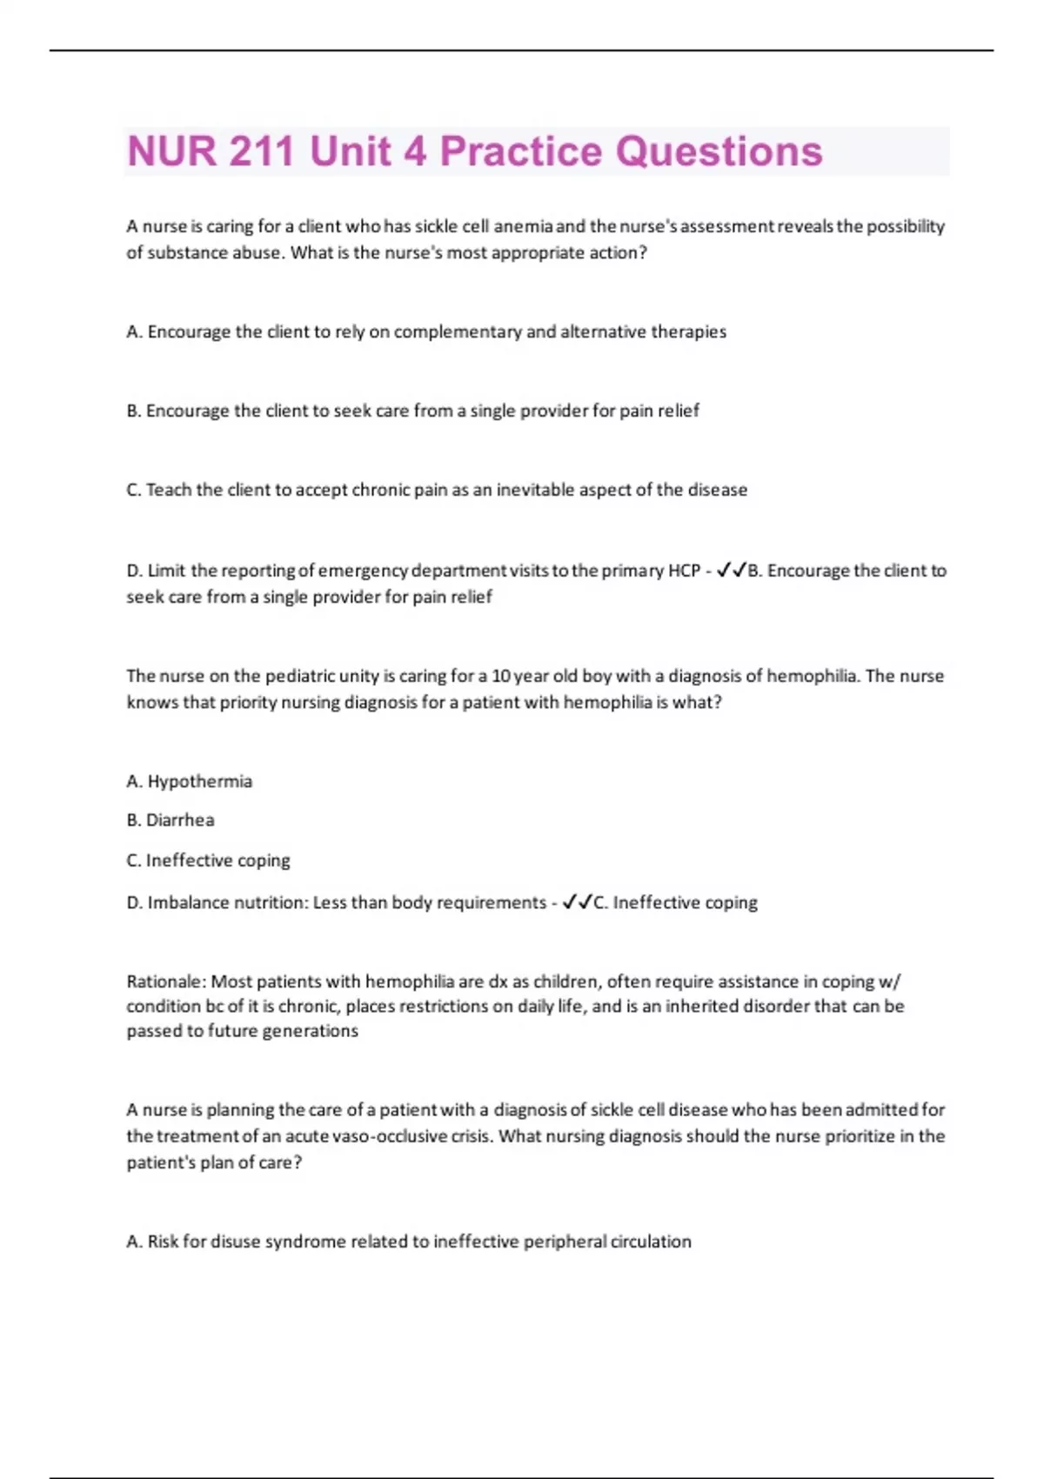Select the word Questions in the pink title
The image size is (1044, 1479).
pyautogui.click(x=719, y=151)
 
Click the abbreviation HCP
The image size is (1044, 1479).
pyautogui.click(x=684, y=571)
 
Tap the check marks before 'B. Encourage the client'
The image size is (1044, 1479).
pyautogui.click(x=731, y=571)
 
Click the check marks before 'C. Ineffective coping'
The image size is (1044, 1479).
pyautogui.click(x=577, y=903)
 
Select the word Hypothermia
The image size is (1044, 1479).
pyautogui.click(x=200, y=781)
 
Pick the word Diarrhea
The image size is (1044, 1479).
pyautogui.click(x=180, y=820)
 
